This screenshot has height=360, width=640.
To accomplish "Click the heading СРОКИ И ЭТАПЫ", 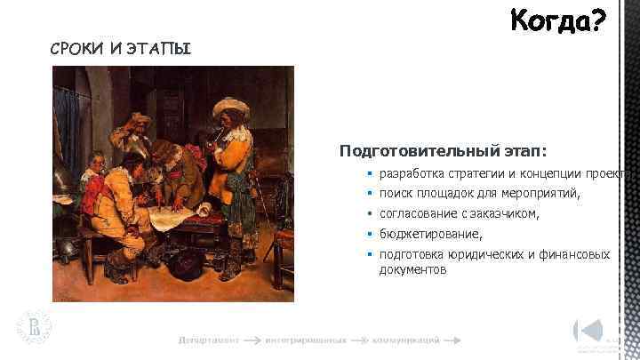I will [x=120, y=48].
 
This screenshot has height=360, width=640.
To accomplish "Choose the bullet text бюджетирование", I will [x=430, y=235].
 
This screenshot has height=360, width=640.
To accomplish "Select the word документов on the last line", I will [x=412, y=269].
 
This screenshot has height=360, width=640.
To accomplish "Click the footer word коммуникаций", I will [x=404, y=340].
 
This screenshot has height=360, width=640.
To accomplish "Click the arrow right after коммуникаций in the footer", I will [x=452, y=340].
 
